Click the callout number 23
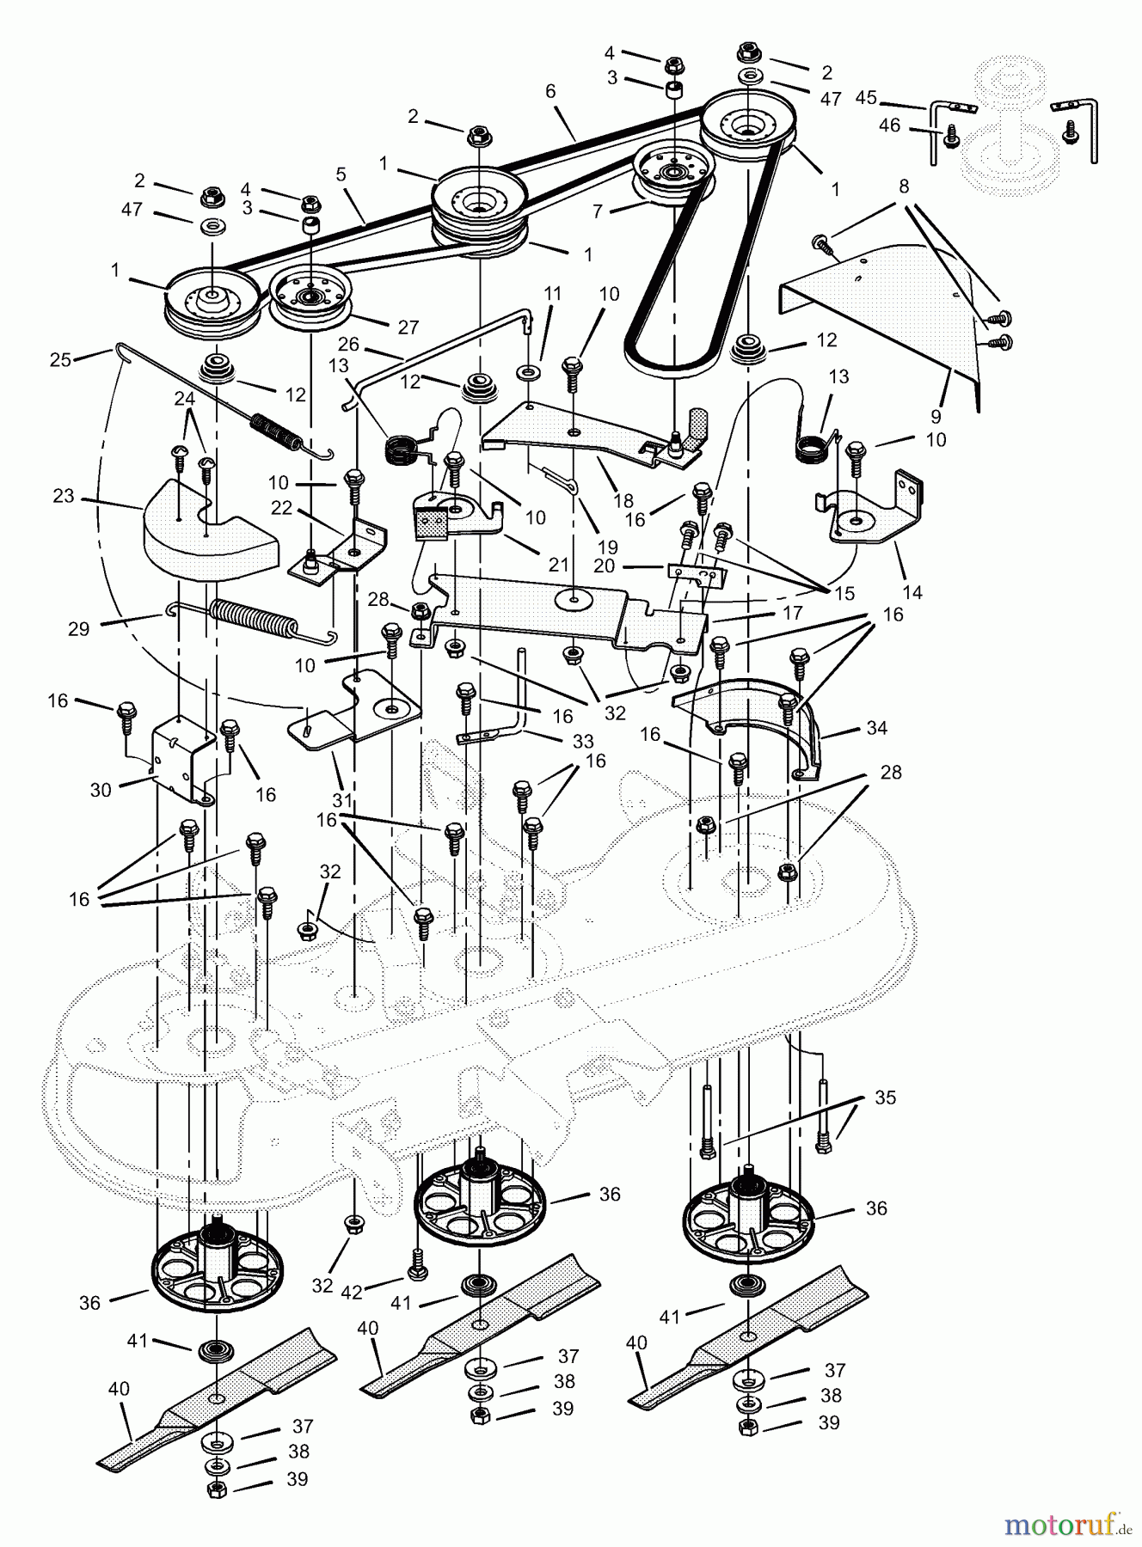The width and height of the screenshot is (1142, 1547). click(63, 497)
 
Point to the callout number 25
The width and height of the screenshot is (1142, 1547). click(60, 360)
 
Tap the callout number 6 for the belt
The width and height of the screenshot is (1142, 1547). click(550, 91)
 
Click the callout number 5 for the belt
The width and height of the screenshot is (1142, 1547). click(341, 175)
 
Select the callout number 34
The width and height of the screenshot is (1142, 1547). click(876, 728)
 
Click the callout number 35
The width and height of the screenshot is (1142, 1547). click(885, 1098)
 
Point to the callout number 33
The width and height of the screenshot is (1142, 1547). click(583, 741)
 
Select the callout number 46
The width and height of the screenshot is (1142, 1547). click(889, 125)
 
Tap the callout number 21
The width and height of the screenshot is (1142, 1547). click(558, 566)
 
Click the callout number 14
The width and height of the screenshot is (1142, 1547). click(912, 592)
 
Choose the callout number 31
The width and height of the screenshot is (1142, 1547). click(342, 799)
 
